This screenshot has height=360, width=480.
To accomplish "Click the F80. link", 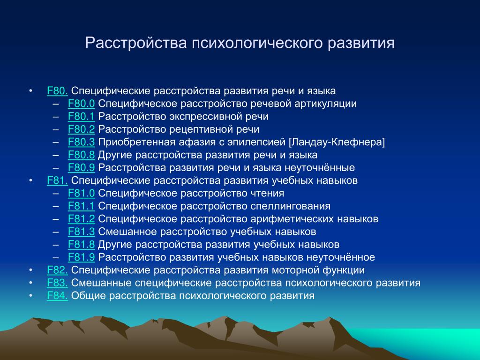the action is [57, 91].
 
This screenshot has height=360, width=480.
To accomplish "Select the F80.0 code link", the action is [81, 104].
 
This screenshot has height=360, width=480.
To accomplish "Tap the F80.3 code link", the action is [81, 142].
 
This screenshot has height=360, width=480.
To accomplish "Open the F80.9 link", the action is [81, 168].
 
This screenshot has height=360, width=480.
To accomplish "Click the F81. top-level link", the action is [57, 180].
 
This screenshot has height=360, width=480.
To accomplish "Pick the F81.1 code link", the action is [81, 206].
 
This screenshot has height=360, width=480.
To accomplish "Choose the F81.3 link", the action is [81, 232].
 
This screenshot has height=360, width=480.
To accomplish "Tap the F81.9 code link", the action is [81, 257].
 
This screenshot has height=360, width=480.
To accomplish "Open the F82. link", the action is [57, 270].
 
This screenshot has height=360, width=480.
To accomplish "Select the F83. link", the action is [57, 283].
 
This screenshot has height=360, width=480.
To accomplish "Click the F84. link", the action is [57, 296].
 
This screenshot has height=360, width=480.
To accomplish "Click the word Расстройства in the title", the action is [136, 43].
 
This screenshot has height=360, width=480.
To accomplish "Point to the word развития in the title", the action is [361, 43].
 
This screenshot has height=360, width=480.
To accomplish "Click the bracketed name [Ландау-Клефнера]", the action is [337, 142].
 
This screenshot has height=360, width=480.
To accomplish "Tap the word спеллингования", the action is [290, 207].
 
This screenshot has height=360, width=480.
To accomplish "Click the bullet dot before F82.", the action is [30, 270].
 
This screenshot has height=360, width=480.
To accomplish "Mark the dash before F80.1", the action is [55, 117].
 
